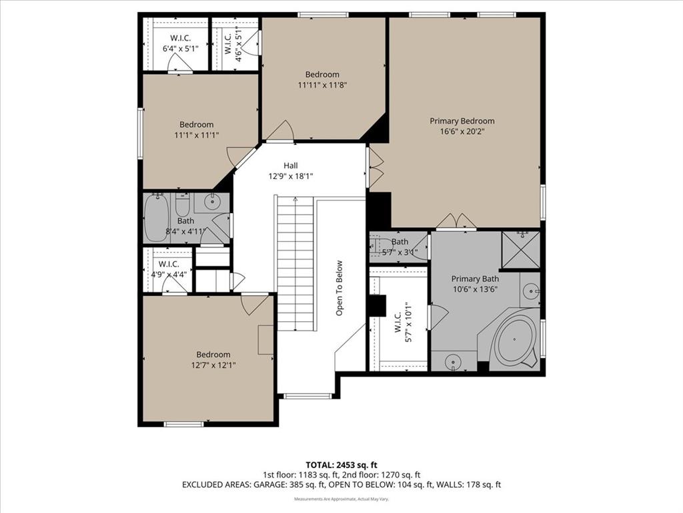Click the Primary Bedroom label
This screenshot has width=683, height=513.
462,121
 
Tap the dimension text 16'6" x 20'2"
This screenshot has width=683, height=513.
462,132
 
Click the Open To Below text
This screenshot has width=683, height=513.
339,288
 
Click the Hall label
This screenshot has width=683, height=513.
290,166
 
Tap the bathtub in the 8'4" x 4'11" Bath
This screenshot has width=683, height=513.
157,218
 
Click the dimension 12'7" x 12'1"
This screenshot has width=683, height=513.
213,365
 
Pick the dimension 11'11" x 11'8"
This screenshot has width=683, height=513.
322,85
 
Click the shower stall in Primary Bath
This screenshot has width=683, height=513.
521,249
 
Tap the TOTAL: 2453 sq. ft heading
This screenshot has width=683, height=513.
341,464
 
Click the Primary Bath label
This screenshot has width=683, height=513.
475,279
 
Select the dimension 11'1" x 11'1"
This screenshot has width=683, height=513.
196,135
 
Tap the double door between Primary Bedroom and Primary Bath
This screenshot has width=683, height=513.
456,222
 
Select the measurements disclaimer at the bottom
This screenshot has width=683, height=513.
341,498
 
